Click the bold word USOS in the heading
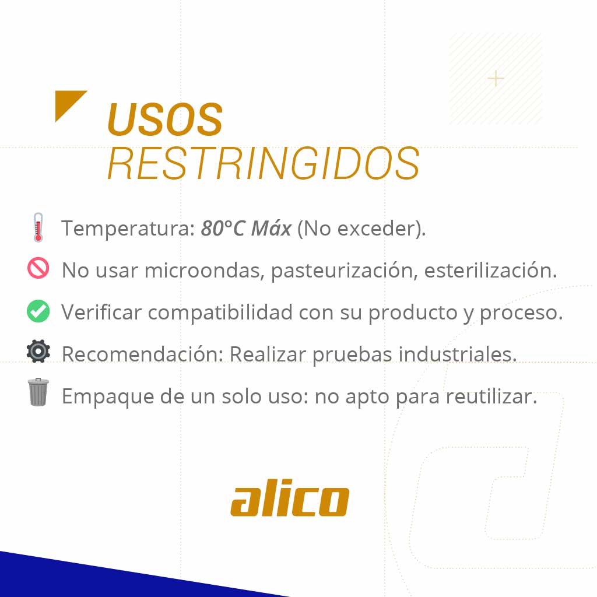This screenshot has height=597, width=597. tap(165, 120)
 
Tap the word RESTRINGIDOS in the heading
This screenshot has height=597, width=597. tap(264, 164)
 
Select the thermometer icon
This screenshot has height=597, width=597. tap(38, 227)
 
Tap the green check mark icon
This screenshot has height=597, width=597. tap(38, 311)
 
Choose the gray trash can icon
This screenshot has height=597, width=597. tap(38, 392)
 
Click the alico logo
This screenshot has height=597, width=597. tap(290, 500)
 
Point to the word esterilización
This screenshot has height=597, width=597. tap(490, 271)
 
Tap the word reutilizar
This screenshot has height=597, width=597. tap(491, 396)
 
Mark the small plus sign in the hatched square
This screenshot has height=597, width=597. tap(496, 78)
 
